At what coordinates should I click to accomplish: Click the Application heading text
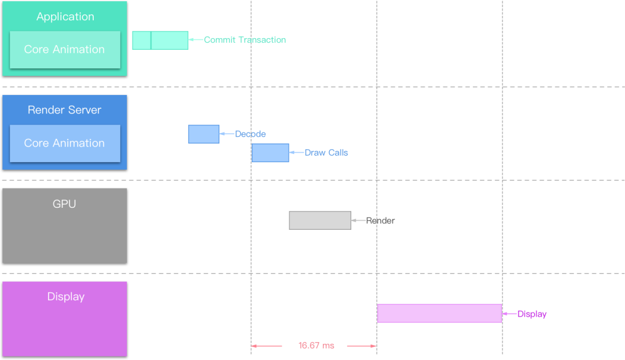65,17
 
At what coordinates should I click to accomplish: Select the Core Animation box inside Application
65,50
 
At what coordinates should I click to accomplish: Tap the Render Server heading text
64,110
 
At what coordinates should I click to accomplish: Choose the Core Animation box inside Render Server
65,143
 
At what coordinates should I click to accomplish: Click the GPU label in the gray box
64,204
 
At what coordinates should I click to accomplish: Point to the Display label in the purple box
65,297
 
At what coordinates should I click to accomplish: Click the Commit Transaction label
245,40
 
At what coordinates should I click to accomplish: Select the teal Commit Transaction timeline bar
160,41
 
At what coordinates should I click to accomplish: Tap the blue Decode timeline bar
204,134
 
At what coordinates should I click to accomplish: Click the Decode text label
251,134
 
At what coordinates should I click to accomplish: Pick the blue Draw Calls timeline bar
270,153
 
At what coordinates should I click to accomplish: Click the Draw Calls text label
326,153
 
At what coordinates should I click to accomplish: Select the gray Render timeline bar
320,221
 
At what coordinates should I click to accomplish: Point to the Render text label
381,221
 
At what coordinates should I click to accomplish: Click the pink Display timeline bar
439,313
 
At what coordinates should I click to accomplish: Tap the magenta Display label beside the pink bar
532,314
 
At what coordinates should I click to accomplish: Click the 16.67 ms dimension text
316,346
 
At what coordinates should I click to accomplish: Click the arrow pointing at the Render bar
358,221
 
